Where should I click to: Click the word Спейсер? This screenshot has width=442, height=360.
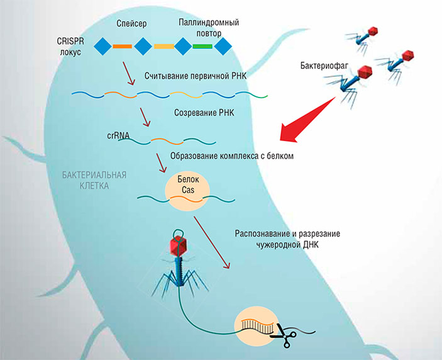tap(131, 24)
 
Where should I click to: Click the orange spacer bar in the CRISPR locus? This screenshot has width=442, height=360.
tap(123, 47)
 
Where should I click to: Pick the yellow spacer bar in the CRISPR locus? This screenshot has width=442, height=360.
tap(163, 47)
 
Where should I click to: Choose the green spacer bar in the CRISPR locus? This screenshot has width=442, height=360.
tap(202, 47)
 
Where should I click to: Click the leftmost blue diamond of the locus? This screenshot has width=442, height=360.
tap(103, 47)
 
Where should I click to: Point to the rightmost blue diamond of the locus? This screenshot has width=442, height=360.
tap(223, 47)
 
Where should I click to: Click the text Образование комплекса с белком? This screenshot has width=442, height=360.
tap(231, 155)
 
